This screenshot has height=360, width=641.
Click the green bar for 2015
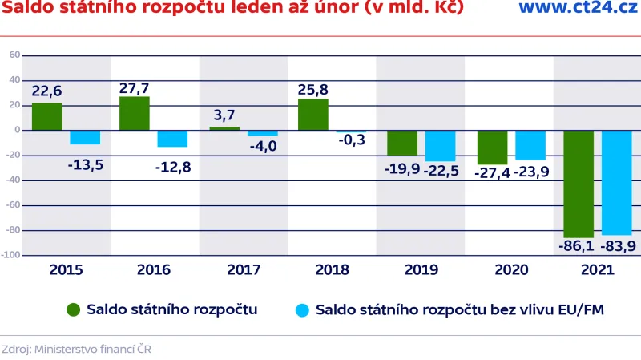click(x=47, y=116)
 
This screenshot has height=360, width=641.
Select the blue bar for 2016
click(x=172, y=138)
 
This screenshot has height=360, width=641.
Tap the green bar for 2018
click(x=313, y=115)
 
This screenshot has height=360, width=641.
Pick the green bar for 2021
click(x=578, y=184)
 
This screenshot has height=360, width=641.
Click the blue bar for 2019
click(x=441, y=145)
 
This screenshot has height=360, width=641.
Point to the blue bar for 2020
click(x=530, y=145)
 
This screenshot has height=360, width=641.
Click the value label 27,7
click(x=134, y=88)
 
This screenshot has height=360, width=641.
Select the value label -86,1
click(x=575, y=246)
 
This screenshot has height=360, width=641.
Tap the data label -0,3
click(x=352, y=140)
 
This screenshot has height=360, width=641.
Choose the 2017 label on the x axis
click(x=243, y=269)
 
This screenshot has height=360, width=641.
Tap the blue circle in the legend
click(x=302, y=309)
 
